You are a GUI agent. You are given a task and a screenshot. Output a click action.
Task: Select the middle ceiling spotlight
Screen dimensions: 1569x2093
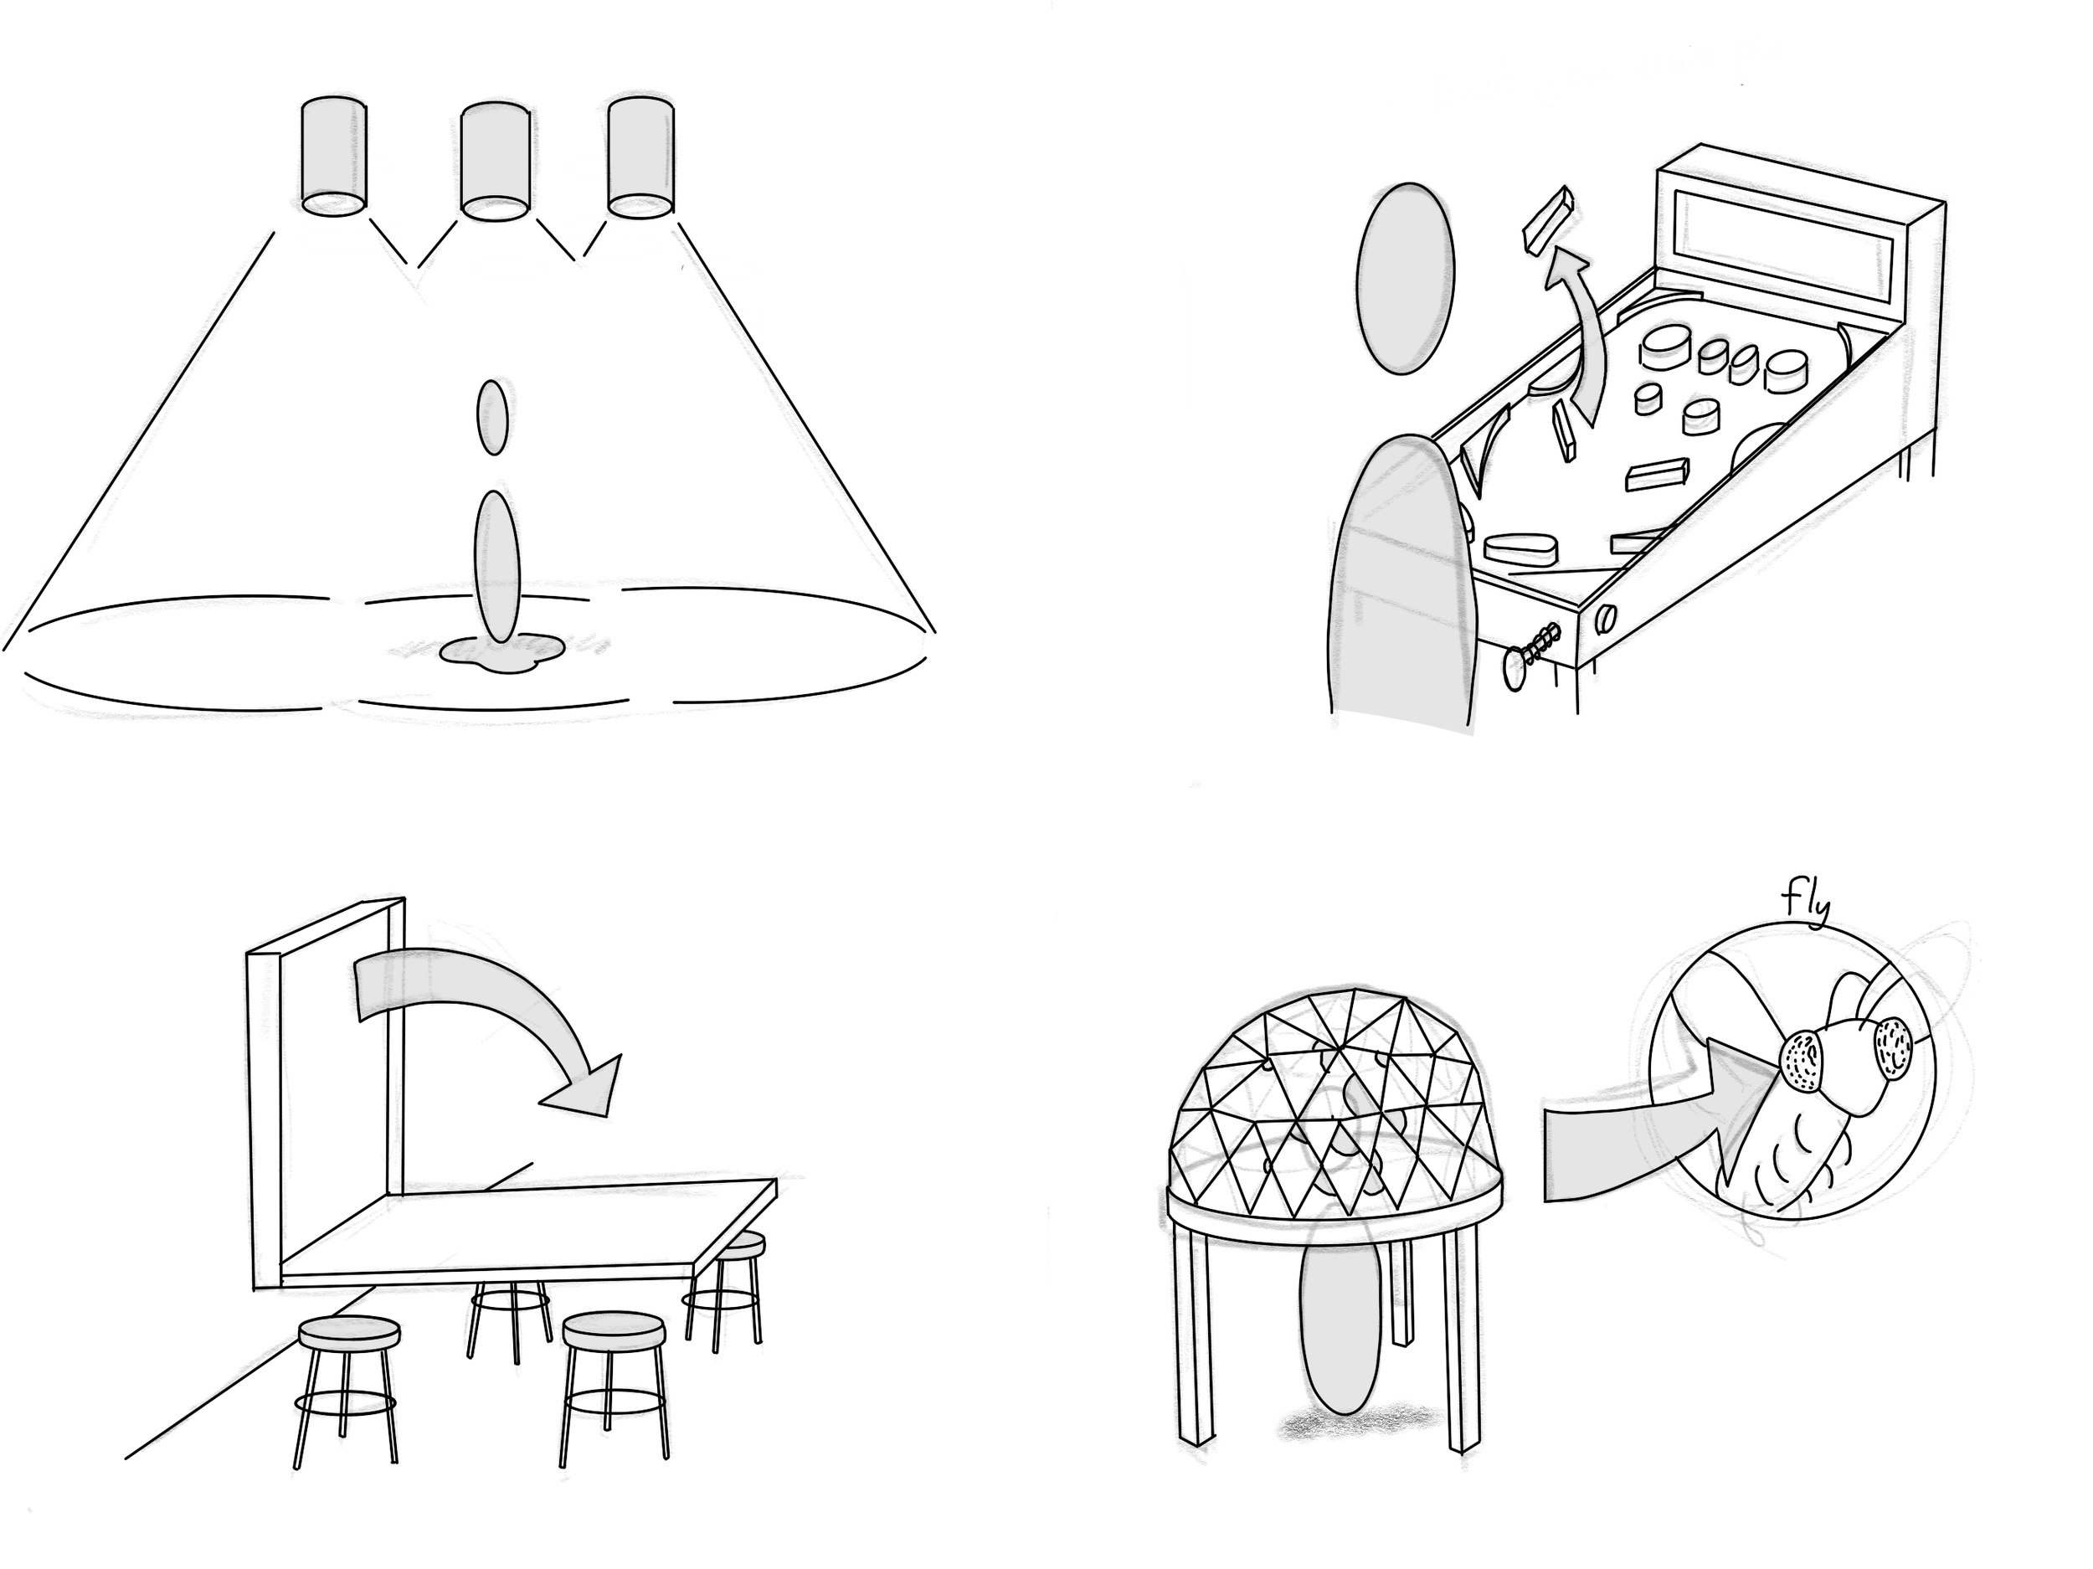coord(494,161)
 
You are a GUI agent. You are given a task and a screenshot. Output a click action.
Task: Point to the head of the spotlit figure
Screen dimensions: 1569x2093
coord(492,417)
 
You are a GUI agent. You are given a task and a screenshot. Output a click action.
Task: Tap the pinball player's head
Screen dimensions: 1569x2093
coord(1404,278)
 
